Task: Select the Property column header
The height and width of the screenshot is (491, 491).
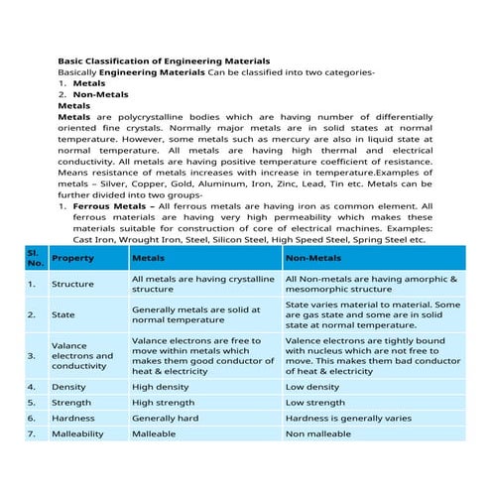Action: coord(72,258)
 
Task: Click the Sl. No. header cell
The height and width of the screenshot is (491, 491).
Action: coord(35,258)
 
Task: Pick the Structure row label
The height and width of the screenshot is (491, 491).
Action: coord(72,285)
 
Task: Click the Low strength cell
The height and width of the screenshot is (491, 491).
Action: coord(315,403)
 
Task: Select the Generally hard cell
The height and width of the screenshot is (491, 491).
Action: coord(165,419)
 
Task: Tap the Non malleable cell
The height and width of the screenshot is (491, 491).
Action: coord(318,434)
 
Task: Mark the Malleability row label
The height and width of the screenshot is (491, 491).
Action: coord(79,434)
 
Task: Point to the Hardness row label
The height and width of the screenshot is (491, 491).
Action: coord(72,419)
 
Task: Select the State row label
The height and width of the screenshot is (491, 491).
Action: coord(62,314)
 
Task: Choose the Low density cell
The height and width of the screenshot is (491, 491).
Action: coord(312,386)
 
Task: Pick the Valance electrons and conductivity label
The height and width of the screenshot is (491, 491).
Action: coord(81,354)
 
